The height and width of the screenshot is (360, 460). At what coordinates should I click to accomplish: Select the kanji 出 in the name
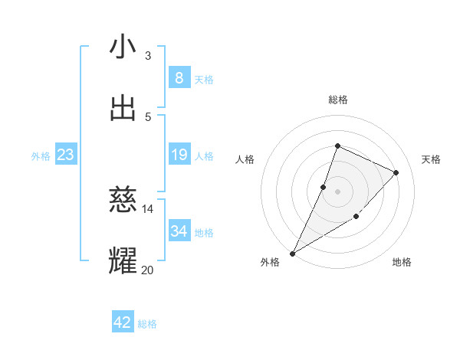click(123, 108)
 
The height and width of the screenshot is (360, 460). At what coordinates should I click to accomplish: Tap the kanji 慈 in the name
click(123, 200)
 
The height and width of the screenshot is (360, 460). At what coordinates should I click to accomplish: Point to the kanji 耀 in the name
click(123, 260)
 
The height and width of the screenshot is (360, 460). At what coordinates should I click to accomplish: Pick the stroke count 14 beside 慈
click(147, 208)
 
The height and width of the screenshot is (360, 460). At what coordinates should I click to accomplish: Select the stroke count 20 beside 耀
click(147, 270)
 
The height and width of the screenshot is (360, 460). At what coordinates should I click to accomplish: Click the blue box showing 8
click(179, 78)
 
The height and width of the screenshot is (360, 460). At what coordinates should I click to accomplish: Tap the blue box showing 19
click(179, 155)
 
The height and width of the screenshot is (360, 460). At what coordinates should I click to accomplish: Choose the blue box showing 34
click(179, 231)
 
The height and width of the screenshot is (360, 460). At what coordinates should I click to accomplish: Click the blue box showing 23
click(65, 155)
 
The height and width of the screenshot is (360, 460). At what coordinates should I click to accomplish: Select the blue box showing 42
click(123, 322)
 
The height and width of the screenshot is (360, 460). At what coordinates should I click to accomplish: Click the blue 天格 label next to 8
click(204, 80)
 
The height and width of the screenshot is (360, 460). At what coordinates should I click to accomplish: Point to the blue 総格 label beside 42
click(147, 324)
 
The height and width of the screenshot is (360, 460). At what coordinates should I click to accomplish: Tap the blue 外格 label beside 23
click(41, 156)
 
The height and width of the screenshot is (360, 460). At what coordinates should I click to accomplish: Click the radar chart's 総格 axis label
click(337, 100)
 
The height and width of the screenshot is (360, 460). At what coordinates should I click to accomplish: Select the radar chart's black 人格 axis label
click(245, 159)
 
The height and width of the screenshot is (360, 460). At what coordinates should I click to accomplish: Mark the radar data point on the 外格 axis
click(292, 253)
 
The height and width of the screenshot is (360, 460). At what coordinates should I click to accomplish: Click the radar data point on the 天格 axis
click(396, 172)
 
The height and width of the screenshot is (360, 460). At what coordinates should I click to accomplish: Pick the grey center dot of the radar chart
click(337, 191)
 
